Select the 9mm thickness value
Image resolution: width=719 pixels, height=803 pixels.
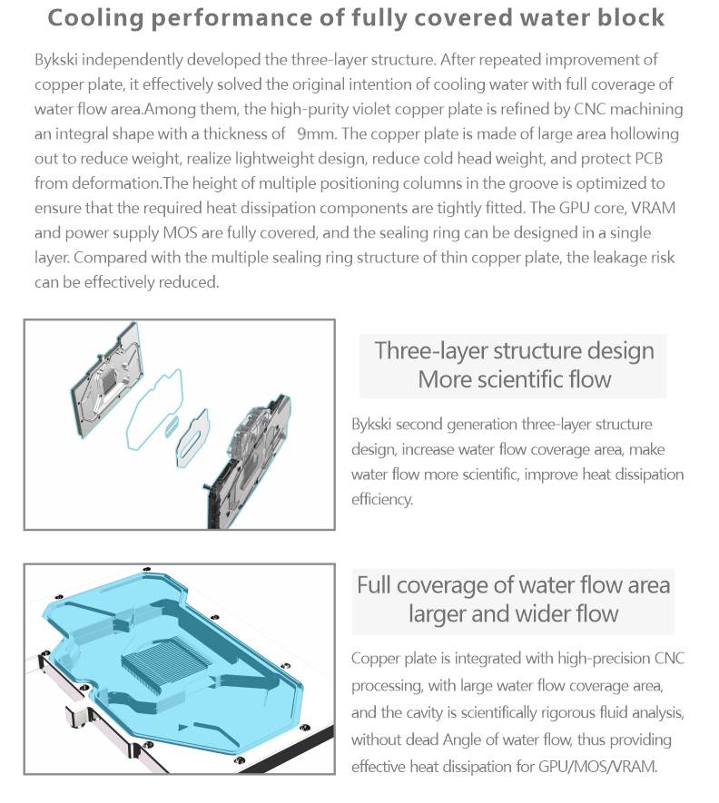[313, 134]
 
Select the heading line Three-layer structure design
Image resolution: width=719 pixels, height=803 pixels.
[514, 350]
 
